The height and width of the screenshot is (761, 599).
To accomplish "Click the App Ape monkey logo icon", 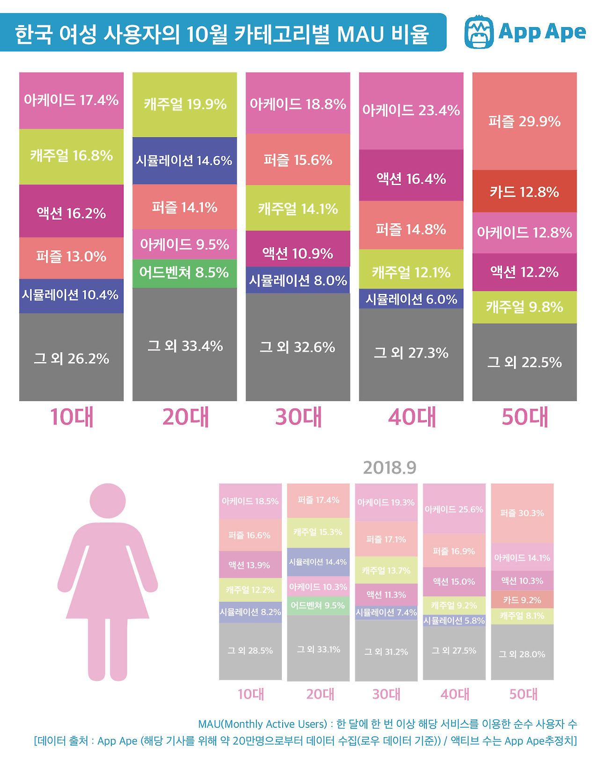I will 479,32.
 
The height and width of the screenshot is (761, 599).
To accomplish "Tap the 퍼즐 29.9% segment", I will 524,121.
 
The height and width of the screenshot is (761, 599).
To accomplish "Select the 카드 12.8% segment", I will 524,191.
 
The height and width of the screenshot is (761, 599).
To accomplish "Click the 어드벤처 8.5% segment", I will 184,273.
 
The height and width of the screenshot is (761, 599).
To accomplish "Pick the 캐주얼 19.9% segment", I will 184,104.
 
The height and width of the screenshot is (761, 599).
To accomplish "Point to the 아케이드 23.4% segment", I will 411,111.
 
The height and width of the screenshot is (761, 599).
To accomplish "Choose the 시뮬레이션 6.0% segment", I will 411,299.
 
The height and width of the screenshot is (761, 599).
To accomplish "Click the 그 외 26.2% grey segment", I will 71,358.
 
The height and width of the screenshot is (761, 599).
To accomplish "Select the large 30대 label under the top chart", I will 299,417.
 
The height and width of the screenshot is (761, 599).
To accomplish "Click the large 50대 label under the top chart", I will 525,417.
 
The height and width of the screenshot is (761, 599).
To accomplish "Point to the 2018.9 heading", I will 389,467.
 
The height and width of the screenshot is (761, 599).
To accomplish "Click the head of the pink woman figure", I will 108,500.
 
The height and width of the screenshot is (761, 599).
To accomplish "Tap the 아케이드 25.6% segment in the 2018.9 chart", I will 454,509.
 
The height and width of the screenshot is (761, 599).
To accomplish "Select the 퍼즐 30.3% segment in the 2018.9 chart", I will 522,513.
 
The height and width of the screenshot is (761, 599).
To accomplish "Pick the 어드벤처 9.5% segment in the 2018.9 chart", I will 318,606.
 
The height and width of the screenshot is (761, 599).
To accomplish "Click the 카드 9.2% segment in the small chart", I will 522,600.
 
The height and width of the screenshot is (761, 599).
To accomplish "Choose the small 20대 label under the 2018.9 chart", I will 320,694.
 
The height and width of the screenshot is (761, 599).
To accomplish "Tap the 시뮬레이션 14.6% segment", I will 184,160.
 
